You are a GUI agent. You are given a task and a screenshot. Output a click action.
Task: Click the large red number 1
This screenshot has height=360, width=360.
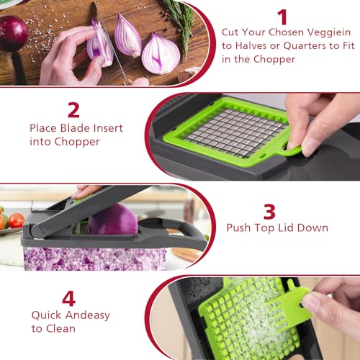(282, 17)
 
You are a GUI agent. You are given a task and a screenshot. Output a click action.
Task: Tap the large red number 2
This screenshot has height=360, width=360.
(73, 109)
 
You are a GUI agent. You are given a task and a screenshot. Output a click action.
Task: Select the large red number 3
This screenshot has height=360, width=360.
(269, 211)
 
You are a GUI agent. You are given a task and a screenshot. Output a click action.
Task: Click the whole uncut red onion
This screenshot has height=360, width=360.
(12, 32)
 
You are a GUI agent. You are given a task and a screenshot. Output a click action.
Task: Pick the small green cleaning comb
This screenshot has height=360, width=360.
(295, 302)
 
